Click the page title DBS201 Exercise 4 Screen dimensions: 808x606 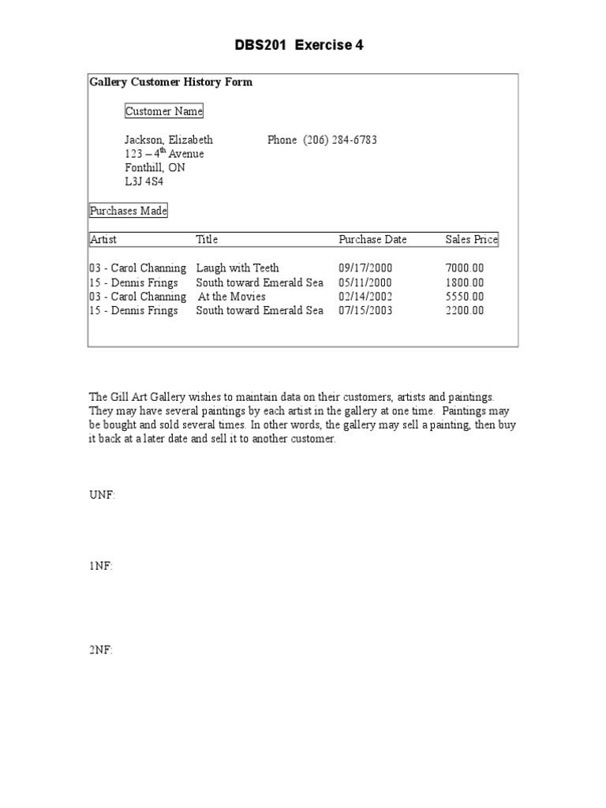[x=299, y=45]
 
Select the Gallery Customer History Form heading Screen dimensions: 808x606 [x=171, y=82]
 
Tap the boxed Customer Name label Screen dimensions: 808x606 [x=164, y=111]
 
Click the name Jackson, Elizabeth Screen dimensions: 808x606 [x=169, y=140]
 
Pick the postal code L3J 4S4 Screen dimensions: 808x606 [x=144, y=182]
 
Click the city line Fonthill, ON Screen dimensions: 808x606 [x=155, y=168]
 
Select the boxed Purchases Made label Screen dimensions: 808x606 [x=129, y=211]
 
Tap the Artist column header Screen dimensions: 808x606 [x=103, y=239]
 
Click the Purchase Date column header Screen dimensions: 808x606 [x=372, y=239]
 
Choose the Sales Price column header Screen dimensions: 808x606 [x=471, y=239]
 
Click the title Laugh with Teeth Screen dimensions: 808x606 [x=238, y=268]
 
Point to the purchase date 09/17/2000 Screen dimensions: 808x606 [x=365, y=268]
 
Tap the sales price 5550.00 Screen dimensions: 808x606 [x=465, y=297]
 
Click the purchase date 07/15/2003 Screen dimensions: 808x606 [x=365, y=311]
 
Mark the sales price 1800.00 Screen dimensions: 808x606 [x=465, y=282]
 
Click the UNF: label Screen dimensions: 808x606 [x=102, y=495]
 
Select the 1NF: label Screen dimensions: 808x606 [x=101, y=566]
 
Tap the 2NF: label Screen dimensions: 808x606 [x=101, y=650]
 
